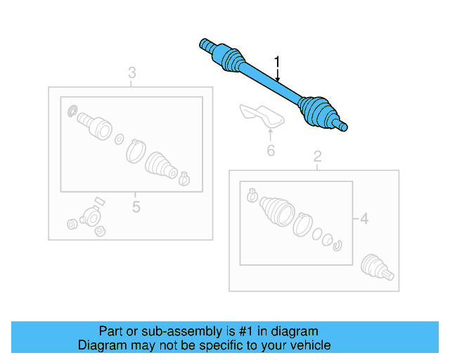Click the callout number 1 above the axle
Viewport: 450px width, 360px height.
pyautogui.click(x=277, y=63)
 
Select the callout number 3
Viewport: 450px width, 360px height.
pyautogui.click(x=131, y=72)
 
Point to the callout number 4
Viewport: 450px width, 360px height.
pyautogui.click(x=364, y=219)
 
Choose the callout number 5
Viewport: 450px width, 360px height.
pyautogui.click(x=136, y=207)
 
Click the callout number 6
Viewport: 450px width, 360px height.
pyautogui.click(x=270, y=150)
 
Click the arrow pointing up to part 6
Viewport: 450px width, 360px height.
pyautogui.click(x=270, y=134)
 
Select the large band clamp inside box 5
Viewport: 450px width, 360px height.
pyautogui.click(x=135, y=149)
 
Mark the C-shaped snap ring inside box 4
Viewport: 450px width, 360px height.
pyautogui.click(x=337, y=245)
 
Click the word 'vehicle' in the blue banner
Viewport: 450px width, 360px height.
pyautogui.click(x=307, y=345)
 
